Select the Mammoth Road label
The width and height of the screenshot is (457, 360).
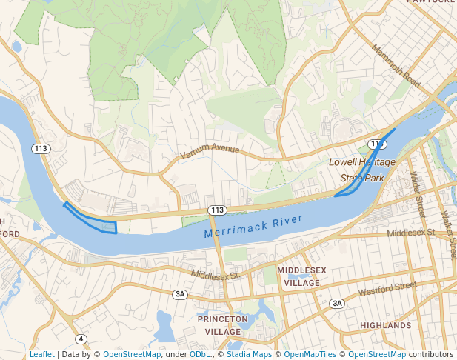(x=396, y=65)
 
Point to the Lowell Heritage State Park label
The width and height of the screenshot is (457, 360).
(x=362, y=170)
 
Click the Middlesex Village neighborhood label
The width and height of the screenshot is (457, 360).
(x=298, y=277)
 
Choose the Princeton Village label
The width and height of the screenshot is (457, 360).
(x=222, y=324)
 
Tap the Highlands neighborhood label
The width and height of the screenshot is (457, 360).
(x=385, y=325)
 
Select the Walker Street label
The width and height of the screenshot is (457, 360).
(x=447, y=234)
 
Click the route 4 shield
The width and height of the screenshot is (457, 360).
(x=80, y=339)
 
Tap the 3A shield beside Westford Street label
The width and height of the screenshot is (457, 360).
(x=337, y=304)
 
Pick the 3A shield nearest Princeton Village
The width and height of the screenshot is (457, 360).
(x=180, y=294)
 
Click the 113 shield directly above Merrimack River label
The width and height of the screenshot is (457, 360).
(x=216, y=210)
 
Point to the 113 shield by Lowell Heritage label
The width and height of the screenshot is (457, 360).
(x=377, y=144)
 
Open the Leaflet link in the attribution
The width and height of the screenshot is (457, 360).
(x=41, y=355)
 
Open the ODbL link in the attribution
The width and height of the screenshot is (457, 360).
(x=200, y=355)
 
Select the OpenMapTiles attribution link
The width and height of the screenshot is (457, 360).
(x=310, y=355)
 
